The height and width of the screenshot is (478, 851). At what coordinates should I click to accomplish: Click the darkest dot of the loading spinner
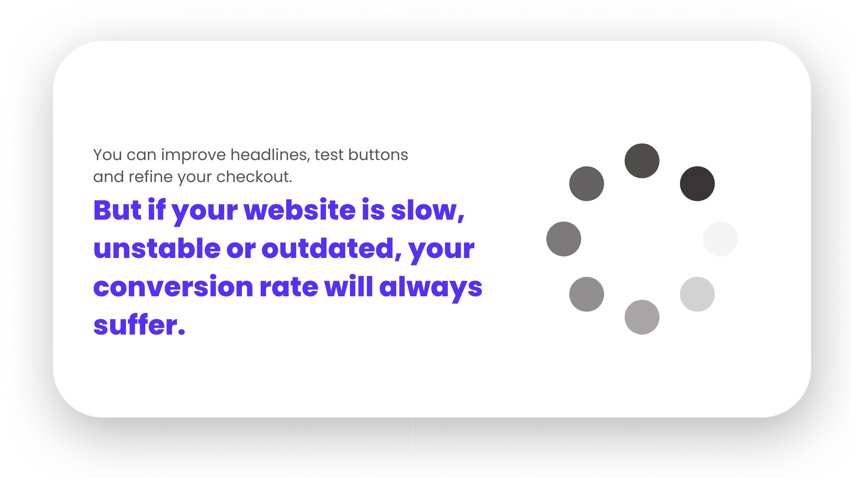pyautogui.click(x=697, y=184)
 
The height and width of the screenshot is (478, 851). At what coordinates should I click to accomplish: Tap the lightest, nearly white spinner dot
pyautogui.click(x=720, y=239)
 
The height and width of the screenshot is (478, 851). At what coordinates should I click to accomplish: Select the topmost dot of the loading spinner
pyautogui.click(x=642, y=160)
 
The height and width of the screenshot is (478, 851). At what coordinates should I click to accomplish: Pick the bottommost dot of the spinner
pyautogui.click(x=642, y=317)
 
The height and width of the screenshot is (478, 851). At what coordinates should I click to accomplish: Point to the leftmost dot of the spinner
pyautogui.click(x=564, y=239)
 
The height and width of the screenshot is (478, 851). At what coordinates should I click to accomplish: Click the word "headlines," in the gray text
pyautogui.click(x=270, y=155)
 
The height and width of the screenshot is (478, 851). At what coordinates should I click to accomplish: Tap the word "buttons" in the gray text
pyautogui.click(x=378, y=155)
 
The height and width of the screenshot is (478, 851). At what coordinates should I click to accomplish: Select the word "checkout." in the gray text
pyautogui.click(x=254, y=177)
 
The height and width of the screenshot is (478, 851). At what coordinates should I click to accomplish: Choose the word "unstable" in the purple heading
pyautogui.click(x=157, y=248)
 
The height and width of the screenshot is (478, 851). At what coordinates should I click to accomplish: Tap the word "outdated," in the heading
pyautogui.click(x=331, y=248)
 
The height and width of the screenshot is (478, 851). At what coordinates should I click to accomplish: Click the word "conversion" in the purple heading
pyautogui.click(x=173, y=287)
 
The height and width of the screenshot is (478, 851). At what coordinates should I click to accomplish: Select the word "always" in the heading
pyautogui.click(x=431, y=287)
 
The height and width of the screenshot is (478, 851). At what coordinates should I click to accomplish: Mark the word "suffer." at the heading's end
pyautogui.click(x=139, y=325)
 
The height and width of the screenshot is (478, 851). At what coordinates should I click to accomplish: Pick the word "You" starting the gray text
pyautogui.click(x=108, y=155)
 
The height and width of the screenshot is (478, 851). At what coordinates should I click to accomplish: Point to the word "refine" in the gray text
pyautogui.click(x=150, y=177)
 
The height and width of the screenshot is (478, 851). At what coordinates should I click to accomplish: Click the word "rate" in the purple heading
pyautogui.click(x=289, y=287)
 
